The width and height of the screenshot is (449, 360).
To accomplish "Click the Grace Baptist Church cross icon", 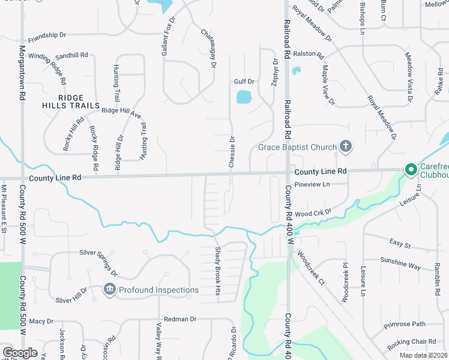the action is point(345,146).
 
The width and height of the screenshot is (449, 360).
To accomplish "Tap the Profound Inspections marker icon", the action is point(110,290).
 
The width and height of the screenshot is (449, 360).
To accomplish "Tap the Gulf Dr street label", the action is point(244,81).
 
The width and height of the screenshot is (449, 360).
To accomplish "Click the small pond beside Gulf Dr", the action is point(244,97).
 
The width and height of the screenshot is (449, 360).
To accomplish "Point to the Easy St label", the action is point(399,245).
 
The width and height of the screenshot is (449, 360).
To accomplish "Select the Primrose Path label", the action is point(406,325).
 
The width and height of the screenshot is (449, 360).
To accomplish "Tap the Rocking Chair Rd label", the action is point(412,341).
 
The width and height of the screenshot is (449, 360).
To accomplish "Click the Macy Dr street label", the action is point(41,322).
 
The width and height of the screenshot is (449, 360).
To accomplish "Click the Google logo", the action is point(20,353).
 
